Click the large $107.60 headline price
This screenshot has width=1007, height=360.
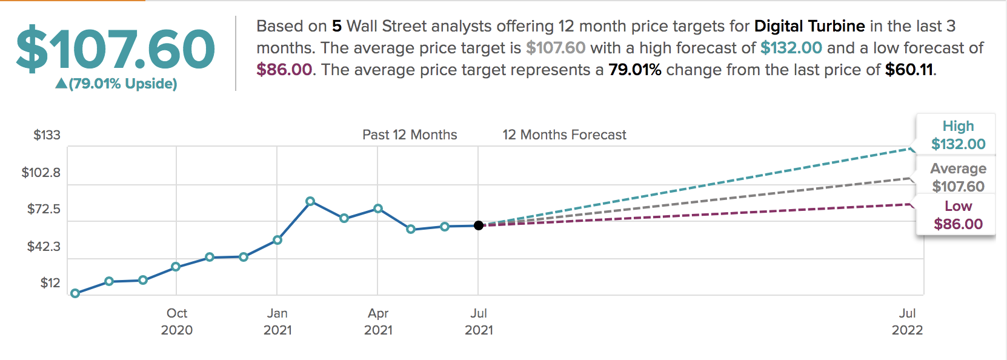pos(115,49)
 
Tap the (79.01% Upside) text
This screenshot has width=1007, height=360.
pos(122,84)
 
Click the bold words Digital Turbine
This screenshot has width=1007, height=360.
pos(809,26)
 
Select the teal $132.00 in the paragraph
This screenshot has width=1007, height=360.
pos(791,48)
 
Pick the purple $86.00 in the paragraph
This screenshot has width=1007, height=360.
pos(284,70)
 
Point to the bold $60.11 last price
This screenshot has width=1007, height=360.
pos(909,70)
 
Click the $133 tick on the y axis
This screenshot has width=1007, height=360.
pos(47,135)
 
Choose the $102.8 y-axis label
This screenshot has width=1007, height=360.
pos(41,173)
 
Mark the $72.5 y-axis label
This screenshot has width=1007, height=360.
pos(44,209)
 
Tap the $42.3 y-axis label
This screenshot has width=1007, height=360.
pos(44,247)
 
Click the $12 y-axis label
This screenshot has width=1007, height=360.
pos(50,283)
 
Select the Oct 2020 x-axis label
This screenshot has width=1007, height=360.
pos(177,321)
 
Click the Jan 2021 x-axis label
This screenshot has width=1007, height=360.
pos(278,321)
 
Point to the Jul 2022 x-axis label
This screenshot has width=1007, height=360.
pos(907,321)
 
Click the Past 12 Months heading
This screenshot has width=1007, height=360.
pos(410,135)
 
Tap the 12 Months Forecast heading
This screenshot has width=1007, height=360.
pos(564,135)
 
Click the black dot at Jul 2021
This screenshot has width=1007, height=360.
pos(479,225)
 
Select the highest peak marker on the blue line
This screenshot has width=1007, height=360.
pos(310,201)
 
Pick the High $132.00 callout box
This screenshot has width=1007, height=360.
pos(958,135)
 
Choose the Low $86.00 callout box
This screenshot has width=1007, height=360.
pos(958,215)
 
